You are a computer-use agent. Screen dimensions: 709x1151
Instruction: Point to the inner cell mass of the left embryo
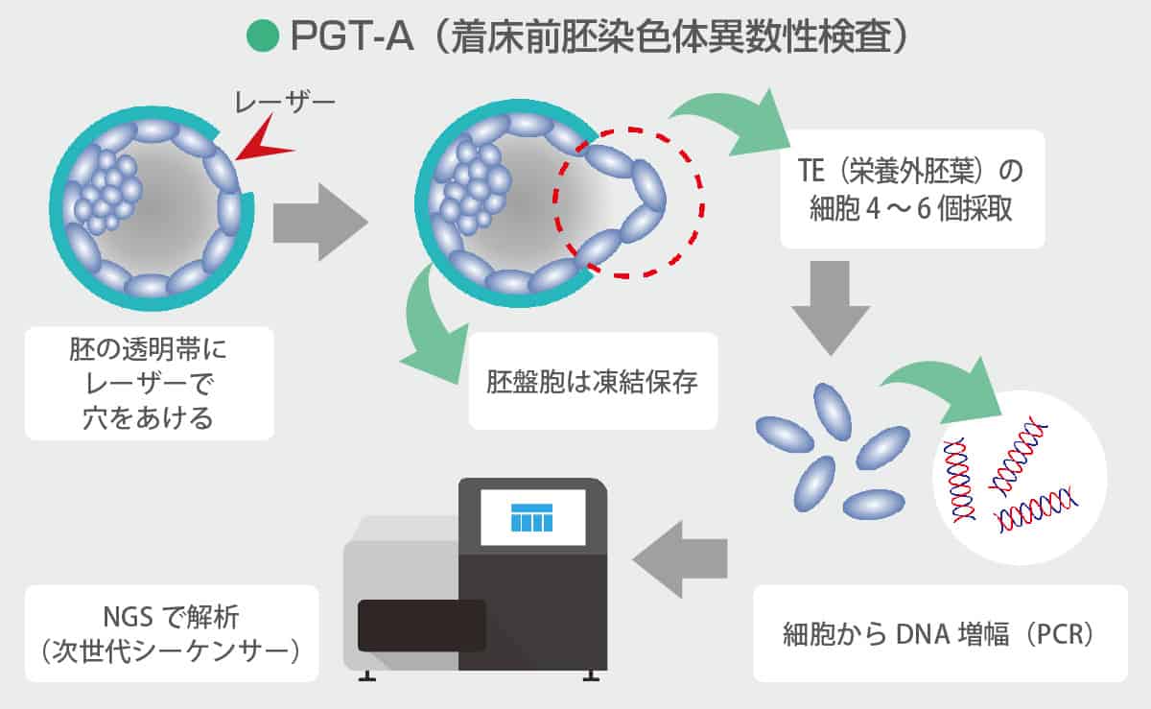106,192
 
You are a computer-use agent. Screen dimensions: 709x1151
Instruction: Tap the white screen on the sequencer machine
532,517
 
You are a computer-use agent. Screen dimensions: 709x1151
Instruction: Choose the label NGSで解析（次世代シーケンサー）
171,633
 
